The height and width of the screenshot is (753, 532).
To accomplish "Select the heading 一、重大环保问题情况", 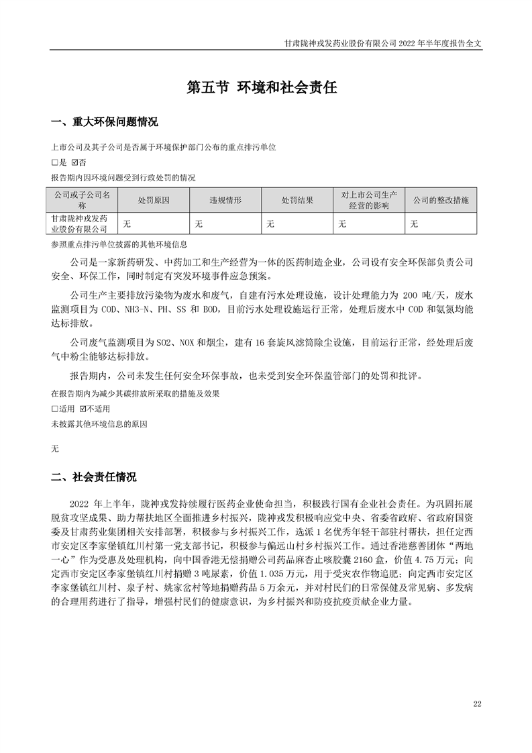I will click(105, 122).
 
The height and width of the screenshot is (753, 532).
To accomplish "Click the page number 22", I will click(477, 703).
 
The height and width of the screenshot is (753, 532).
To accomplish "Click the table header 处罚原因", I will click(154, 201).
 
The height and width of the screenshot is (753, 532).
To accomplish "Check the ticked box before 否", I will click(74, 162).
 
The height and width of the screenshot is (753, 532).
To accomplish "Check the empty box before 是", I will click(55, 162).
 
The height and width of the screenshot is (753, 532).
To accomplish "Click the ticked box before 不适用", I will click(83, 408).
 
